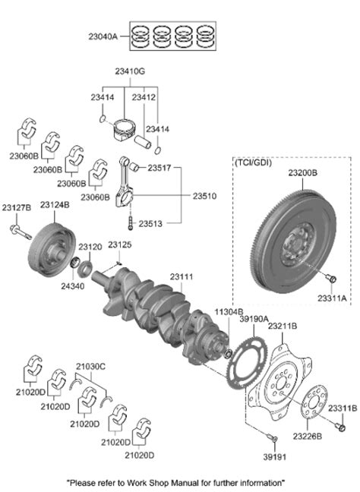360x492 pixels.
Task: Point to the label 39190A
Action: [x=254, y=320]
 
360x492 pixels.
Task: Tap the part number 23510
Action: [x=204, y=195]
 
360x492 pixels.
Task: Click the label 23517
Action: [x=160, y=168]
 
